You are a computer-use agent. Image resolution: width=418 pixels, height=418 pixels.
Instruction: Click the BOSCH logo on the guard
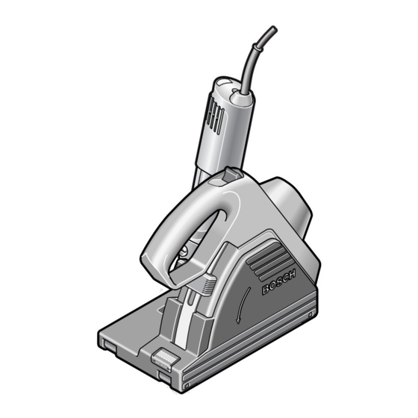pyautogui.click(x=279, y=282)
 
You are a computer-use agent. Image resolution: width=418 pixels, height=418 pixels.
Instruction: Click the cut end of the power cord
pyautogui.click(x=273, y=28)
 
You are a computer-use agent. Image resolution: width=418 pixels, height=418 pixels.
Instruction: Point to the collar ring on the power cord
pyautogui.click(x=258, y=48)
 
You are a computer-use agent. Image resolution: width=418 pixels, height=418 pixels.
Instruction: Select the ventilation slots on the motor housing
pyautogui.click(x=214, y=115)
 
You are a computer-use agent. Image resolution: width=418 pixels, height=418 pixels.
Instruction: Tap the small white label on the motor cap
pyautogui.click(x=223, y=82)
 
